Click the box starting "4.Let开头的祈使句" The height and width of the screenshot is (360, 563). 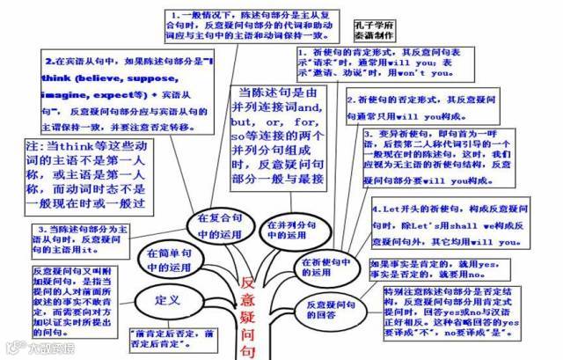(452, 227)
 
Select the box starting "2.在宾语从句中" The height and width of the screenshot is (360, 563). (126, 94)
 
